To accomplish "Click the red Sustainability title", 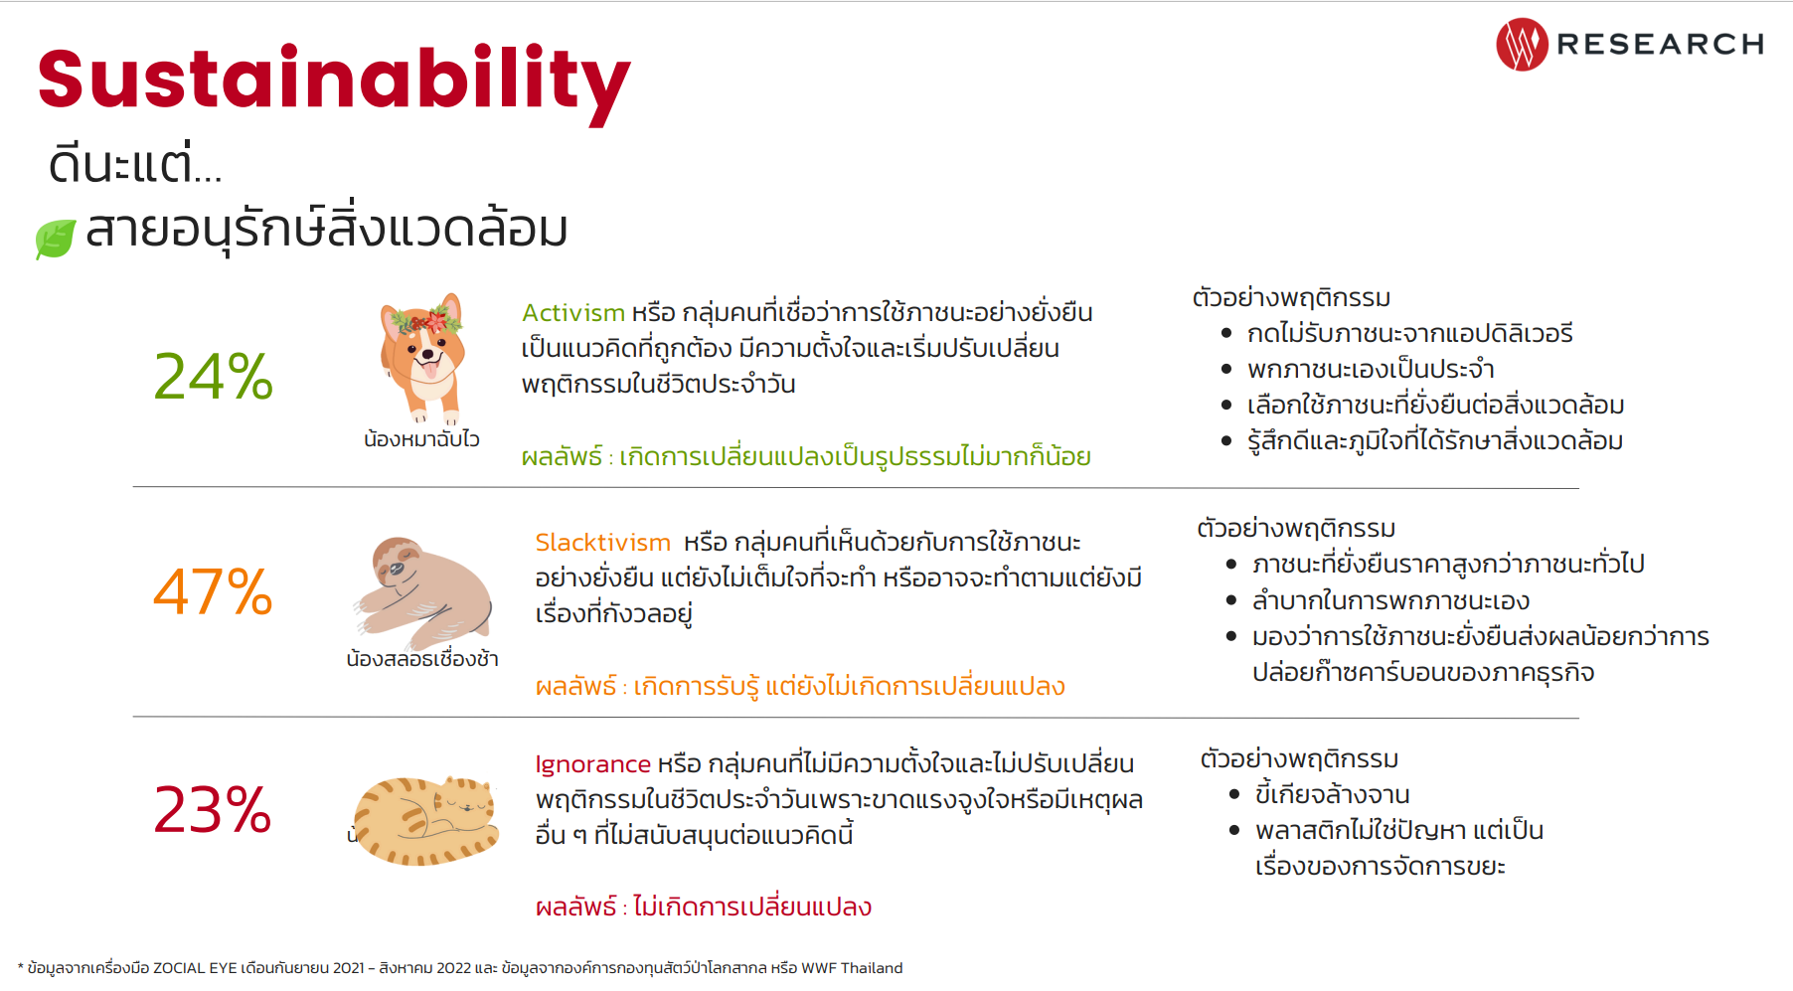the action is (334, 82).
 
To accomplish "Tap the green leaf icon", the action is (56, 239).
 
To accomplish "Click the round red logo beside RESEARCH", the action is (1522, 45).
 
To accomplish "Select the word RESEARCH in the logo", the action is (1660, 45).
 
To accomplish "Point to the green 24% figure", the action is (214, 377).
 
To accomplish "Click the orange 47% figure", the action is (213, 592).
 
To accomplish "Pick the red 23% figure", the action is (213, 809).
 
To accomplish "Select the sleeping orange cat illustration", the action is (427, 820).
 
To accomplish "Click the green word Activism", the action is (573, 313).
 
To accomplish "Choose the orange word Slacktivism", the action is (603, 543).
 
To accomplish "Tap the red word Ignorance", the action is (592, 764).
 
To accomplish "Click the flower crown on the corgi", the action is (426, 320).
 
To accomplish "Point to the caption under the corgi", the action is (421, 439).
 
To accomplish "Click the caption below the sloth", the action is (422, 659).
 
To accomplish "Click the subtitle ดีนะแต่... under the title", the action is (135, 164).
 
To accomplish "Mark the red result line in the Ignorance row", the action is (704, 907).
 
